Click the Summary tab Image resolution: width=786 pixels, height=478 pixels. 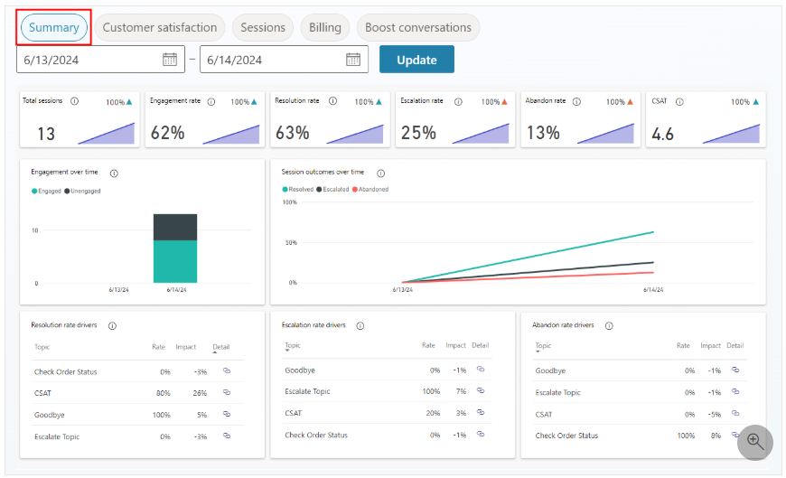(x=53, y=28)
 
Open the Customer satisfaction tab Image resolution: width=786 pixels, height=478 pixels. (x=159, y=28)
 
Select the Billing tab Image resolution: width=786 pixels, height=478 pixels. (x=325, y=28)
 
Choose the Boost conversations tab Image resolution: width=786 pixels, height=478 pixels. (x=418, y=28)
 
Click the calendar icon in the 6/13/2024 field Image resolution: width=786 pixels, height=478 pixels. (x=170, y=60)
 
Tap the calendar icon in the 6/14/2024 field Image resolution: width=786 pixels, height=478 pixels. (x=353, y=60)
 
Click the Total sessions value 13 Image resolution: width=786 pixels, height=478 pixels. (x=46, y=134)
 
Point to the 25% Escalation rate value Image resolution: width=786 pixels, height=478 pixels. (x=418, y=133)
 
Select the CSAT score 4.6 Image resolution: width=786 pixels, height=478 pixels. (x=663, y=134)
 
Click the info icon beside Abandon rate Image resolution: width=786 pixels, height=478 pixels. (x=576, y=101)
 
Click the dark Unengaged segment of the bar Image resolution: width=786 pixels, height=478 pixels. (x=175, y=227)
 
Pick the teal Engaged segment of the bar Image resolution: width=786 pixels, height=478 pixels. (x=175, y=261)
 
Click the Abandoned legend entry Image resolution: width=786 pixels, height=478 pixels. (x=370, y=189)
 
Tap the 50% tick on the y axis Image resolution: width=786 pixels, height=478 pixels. (x=291, y=242)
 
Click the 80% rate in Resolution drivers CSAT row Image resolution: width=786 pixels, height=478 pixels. (x=163, y=393)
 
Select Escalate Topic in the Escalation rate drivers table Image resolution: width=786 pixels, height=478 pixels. (x=307, y=391)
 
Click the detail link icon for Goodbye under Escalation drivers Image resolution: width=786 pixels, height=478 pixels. (x=481, y=370)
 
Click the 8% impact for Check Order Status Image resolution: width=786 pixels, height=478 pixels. (x=716, y=436)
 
